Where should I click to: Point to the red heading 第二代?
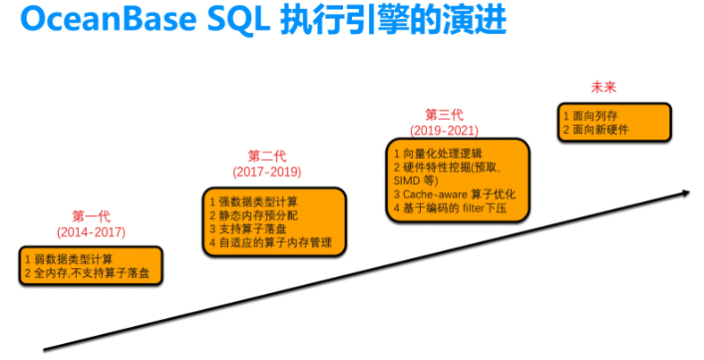(x=266, y=155)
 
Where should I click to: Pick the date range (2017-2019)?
(x=266, y=171)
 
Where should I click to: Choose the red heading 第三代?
(x=444, y=114)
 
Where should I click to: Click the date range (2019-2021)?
(x=444, y=130)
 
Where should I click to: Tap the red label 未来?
(x=604, y=88)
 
